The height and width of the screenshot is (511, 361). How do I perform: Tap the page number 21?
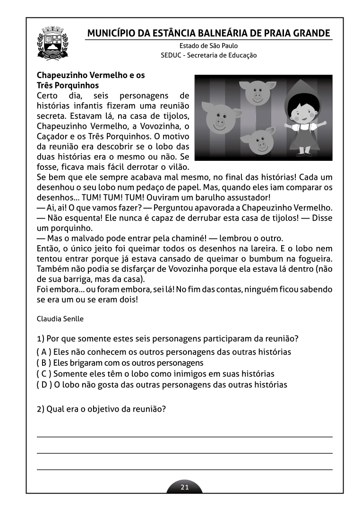(x=185, y=487)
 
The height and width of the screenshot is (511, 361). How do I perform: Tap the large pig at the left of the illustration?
(x=219, y=119)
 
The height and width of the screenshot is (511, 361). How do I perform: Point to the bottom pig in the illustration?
(x=259, y=142)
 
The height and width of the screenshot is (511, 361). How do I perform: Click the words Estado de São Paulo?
(x=208, y=46)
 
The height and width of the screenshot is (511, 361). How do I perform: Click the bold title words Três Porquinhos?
(x=68, y=86)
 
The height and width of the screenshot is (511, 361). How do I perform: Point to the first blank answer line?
(x=184, y=436)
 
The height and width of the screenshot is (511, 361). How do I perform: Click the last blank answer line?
(x=184, y=469)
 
